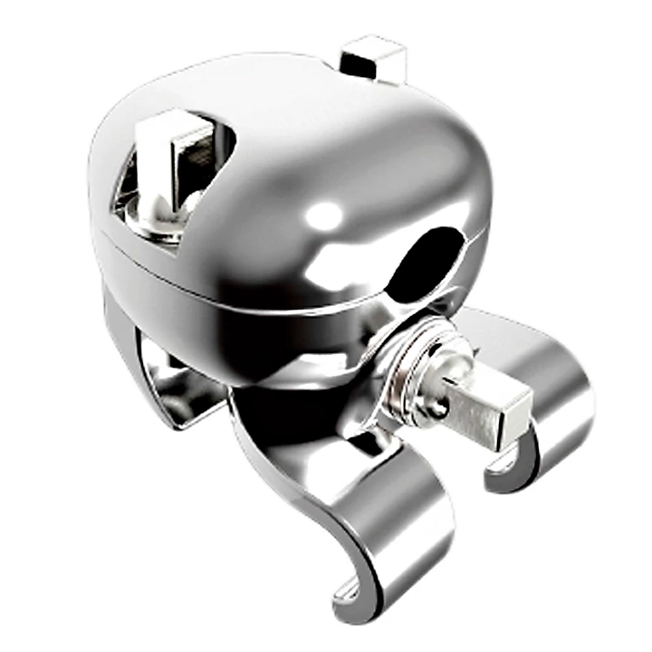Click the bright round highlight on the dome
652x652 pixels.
pos(323,216)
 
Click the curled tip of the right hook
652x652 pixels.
pos(507,471)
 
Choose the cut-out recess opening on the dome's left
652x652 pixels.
pos(172,181)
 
